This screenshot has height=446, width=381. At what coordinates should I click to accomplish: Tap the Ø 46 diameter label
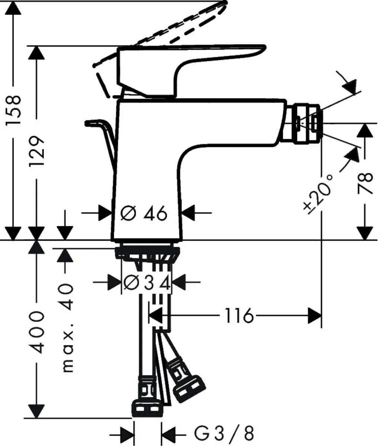click(x=144, y=213)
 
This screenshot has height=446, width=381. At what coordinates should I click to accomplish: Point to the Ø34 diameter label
click(x=146, y=284)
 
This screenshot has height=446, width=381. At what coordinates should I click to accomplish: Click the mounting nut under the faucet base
click(x=147, y=253)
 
